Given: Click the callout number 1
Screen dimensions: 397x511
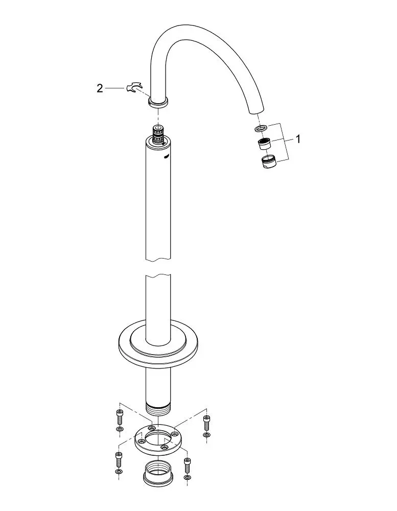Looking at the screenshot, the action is [x=297, y=139].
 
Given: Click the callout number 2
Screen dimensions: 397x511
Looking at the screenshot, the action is [x=100, y=88].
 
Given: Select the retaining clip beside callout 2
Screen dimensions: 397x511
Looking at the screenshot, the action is [x=134, y=88].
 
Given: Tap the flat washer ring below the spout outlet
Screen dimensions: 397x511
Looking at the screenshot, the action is [x=261, y=128].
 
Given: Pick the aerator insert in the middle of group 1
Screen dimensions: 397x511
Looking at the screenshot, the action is [x=264, y=144].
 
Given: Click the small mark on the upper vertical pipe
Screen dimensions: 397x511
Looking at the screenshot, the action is [x=166, y=157].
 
